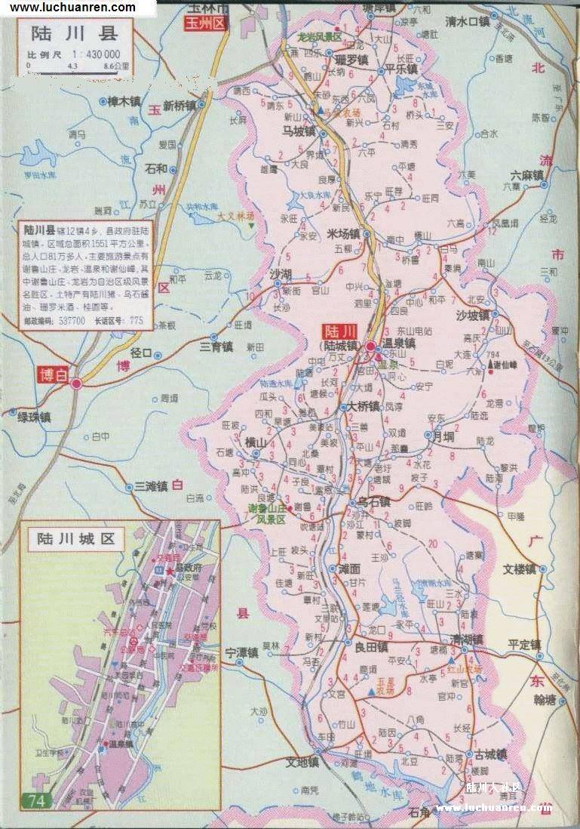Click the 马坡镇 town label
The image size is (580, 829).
pyautogui.click(x=298, y=131)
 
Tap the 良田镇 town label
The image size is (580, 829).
pyautogui.click(x=371, y=646)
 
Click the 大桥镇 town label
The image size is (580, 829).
pyautogui.click(x=365, y=406)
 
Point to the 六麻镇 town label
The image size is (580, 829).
pyautogui.click(x=526, y=176)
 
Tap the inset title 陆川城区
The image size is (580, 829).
pyautogui.click(x=75, y=538)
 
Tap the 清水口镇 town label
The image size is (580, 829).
pyautogui.click(x=467, y=21)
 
